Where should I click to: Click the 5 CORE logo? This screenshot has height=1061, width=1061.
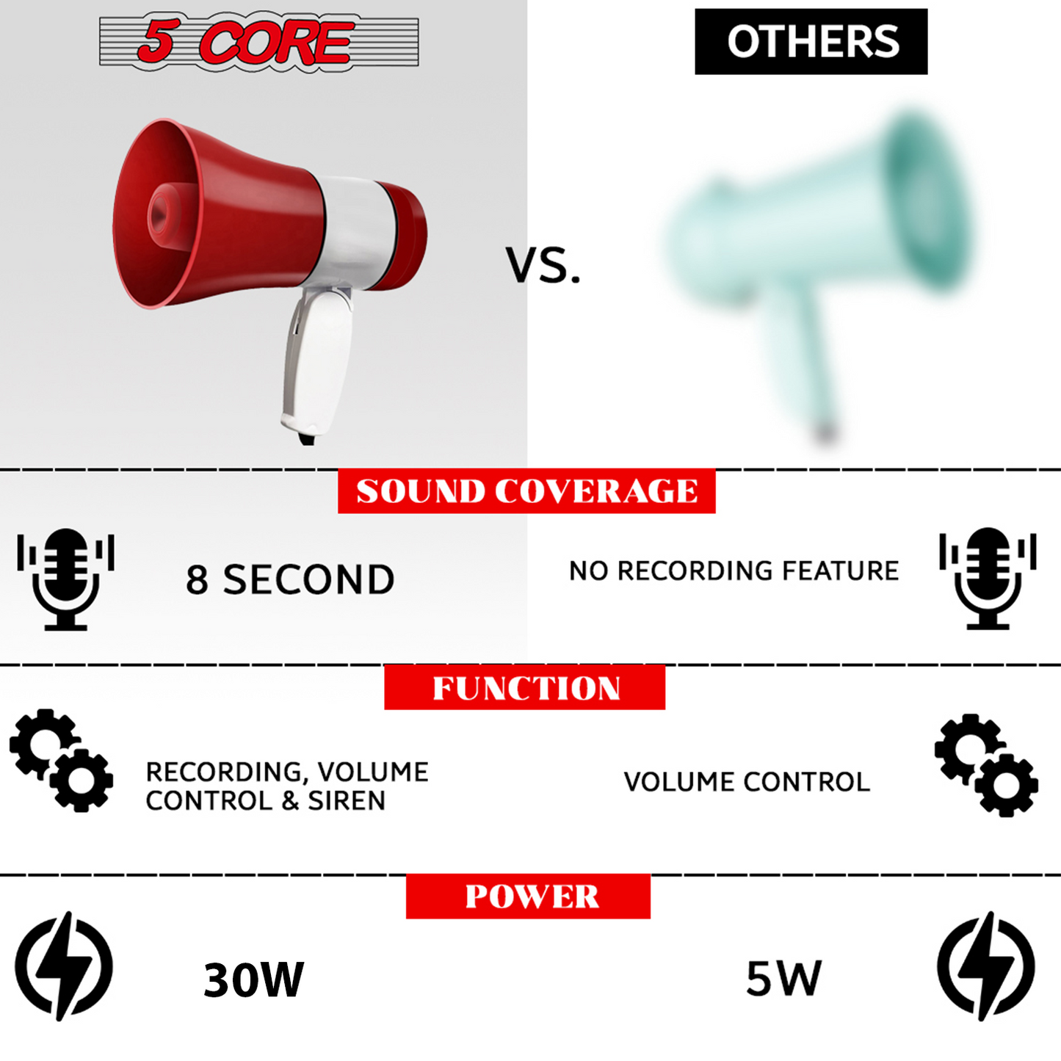tap(258, 42)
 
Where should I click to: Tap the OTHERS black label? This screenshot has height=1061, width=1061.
tap(811, 42)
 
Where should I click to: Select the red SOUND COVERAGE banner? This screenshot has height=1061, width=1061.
tap(526, 490)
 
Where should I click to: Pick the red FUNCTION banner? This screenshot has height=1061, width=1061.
tap(524, 687)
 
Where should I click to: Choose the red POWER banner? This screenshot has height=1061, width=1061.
tap(528, 896)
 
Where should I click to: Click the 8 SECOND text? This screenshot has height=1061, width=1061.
tap(290, 579)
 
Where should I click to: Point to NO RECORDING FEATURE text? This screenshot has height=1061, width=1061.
tap(734, 571)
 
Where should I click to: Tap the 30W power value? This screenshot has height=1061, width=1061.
tap(253, 979)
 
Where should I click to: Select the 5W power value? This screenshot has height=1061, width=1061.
tap(783, 978)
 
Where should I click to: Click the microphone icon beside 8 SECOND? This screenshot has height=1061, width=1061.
tap(66, 579)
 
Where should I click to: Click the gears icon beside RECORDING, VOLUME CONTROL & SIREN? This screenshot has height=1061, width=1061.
tap(62, 760)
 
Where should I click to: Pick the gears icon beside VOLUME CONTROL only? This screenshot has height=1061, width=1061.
tap(986, 764)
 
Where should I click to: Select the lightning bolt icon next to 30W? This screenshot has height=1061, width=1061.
tap(64, 966)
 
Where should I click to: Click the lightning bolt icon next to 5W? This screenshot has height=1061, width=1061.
tap(985, 966)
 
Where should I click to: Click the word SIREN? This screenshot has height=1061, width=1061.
tap(347, 800)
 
